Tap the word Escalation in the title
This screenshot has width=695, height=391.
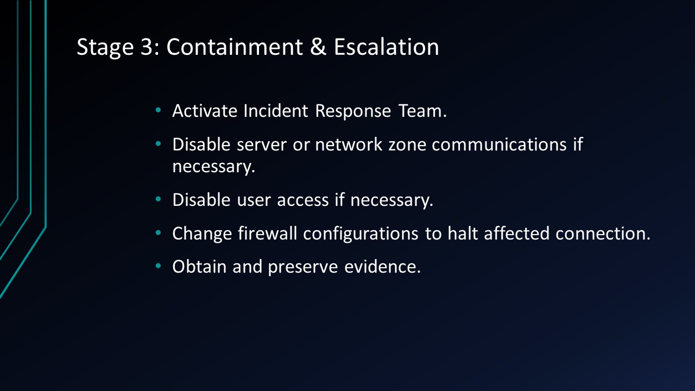386,47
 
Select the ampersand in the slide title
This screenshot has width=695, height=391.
318,47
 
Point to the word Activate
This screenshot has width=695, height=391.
205,111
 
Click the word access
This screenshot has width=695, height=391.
304,200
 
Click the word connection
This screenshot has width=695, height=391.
603,234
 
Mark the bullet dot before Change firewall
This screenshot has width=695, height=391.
159,233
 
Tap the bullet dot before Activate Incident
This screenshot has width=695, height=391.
159,110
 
